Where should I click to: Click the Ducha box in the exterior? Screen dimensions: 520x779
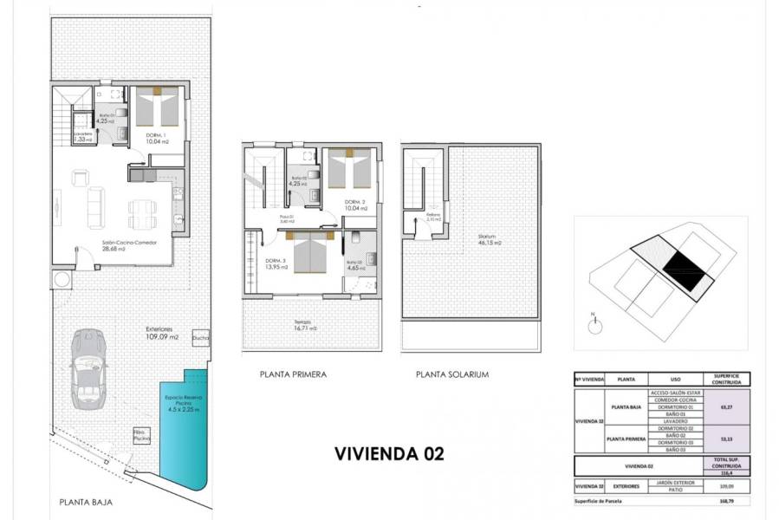tap(200, 337)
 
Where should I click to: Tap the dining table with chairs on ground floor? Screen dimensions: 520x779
tap(142, 211)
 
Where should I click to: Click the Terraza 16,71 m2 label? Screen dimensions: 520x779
tap(304, 325)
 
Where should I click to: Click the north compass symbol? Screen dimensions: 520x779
tap(594, 325)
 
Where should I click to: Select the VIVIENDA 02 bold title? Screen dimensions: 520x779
tap(388, 453)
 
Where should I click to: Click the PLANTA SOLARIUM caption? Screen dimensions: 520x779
tap(452, 375)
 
